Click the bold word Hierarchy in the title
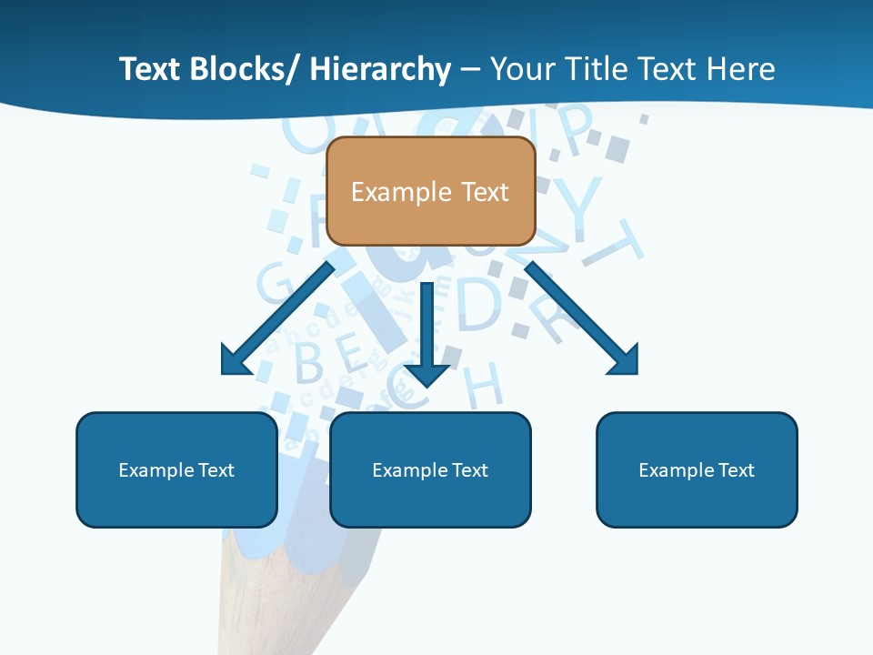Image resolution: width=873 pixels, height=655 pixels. (380, 69)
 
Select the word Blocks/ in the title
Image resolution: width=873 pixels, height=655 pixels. (241, 69)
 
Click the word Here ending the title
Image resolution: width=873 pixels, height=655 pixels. (741, 69)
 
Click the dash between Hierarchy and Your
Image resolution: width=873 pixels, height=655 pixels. (470, 71)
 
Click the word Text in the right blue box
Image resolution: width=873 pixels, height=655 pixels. (736, 470)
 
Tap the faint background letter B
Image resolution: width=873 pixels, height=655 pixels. (309, 362)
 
